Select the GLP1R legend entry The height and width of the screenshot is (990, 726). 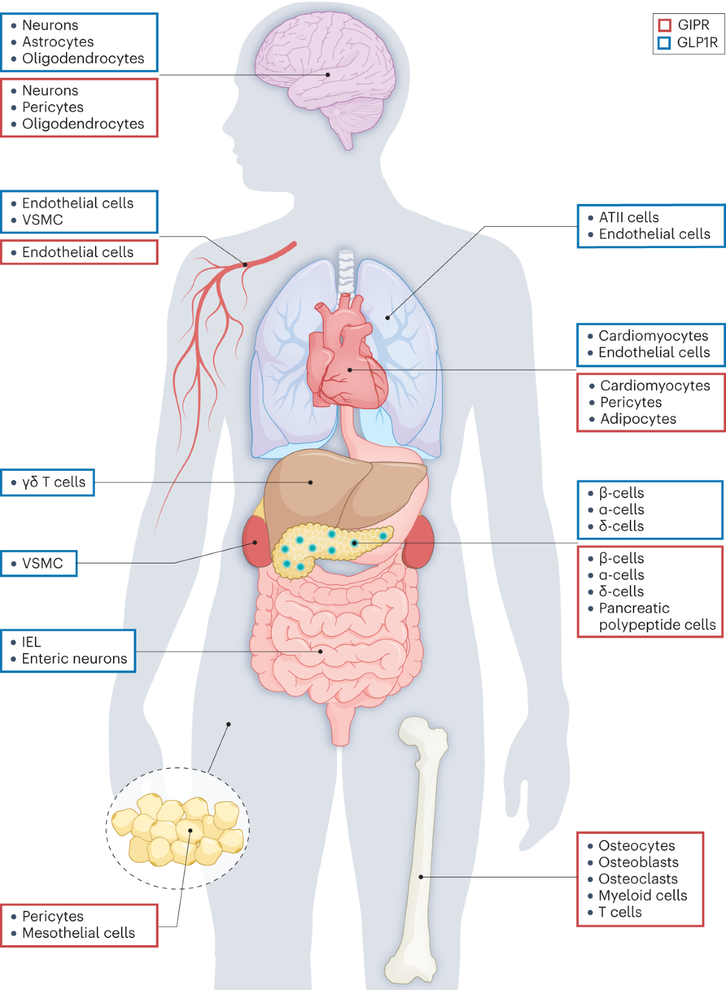pos(687,42)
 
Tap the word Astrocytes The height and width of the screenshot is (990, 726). pos(58,42)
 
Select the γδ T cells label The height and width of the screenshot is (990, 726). pos(53,482)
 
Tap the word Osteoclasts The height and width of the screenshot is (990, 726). pos(638,879)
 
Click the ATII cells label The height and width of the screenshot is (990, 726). pos(629,217)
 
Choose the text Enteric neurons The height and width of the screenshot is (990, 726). pos(74,658)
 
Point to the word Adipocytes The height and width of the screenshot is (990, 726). pos(638,419)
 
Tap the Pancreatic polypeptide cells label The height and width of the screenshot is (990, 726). pos(657,616)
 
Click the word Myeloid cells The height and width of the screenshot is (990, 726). pos(643,896)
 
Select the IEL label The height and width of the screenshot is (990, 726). pos(31,641)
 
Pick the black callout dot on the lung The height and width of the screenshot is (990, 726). pos(388,318)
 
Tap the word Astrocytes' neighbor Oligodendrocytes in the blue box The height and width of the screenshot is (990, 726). pos(83,58)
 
